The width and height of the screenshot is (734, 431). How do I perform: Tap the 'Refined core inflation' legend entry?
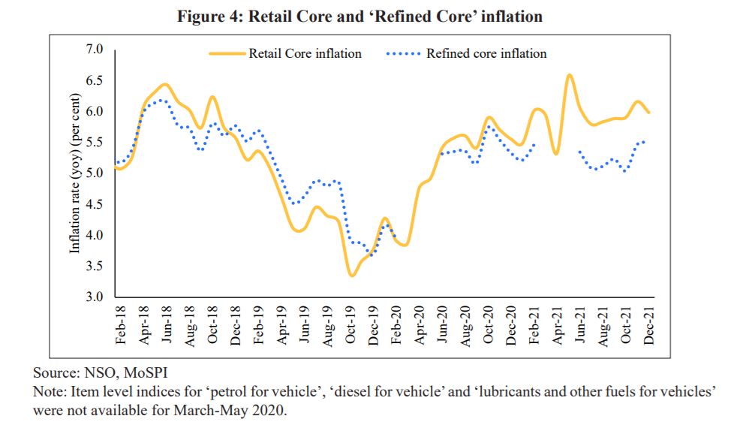486,53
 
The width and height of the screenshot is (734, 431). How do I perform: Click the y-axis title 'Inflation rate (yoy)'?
75,173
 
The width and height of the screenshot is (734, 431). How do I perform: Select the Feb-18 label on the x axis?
121,325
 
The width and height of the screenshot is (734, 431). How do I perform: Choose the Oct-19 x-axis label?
350,325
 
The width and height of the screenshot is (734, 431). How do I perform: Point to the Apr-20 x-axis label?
419,325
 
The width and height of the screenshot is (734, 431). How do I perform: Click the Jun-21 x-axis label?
579,325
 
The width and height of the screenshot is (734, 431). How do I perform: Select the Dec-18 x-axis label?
236,325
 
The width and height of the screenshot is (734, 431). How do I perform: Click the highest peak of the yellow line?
569,75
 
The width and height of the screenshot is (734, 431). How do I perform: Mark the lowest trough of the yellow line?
351,276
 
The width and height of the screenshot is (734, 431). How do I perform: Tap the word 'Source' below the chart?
51,372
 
